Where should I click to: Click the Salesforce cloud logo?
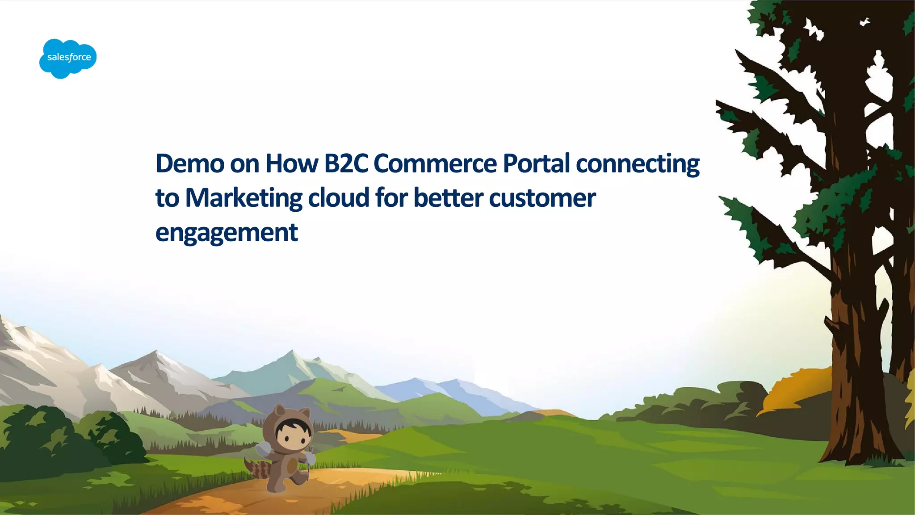(x=68, y=58)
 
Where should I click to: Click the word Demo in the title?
(x=189, y=163)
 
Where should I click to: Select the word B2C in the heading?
(x=346, y=163)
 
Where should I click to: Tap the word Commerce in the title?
(x=435, y=163)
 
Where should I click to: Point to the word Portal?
(x=536, y=163)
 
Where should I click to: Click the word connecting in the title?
(x=638, y=164)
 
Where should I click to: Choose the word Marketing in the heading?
(x=243, y=198)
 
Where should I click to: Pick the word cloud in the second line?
(x=339, y=198)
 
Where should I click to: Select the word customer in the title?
(x=542, y=198)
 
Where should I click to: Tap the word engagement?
(x=227, y=233)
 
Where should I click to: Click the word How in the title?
(x=291, y=163)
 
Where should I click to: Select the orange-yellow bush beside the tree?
(x=800, y=389)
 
